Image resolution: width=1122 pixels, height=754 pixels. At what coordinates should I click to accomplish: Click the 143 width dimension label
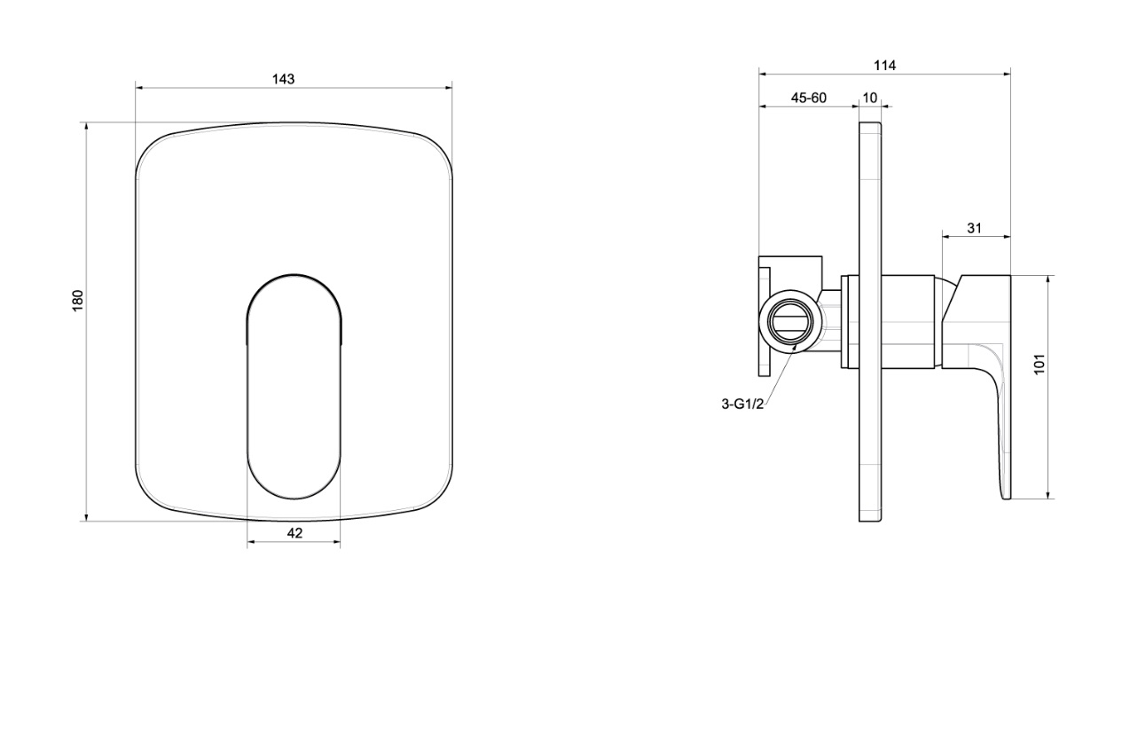pyautogui.click(x=283, y=79)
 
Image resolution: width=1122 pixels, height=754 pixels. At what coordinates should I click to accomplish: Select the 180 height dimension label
pyautogui.click(x=78, y=301)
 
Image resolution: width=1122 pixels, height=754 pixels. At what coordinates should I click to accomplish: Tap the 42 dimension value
pyautogui.click(x=294, y=533)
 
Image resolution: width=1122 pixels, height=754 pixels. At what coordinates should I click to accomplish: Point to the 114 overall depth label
pyautogui.click(x=884, y=66)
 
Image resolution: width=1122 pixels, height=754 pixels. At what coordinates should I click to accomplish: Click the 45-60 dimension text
pyautogui.click(x=808, y=98)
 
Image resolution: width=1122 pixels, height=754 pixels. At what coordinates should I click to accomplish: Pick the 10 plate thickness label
pyautogui.click(x=870, y=98)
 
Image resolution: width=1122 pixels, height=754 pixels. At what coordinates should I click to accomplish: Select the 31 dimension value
pyautogui.click(x=974, y=229)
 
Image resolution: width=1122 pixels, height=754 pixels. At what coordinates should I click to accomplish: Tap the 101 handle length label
pyautogui.click(x=1040, y=364)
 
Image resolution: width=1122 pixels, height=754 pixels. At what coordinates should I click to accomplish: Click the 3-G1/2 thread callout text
pyautogui.click(x=742, y=404)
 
